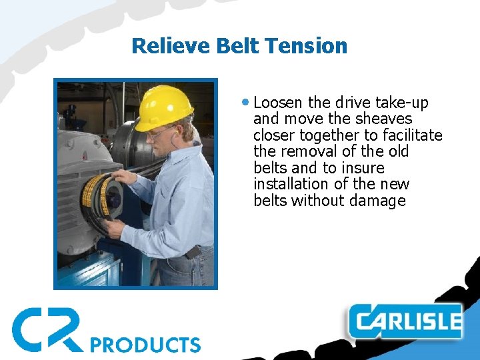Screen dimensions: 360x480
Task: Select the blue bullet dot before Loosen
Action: (247, 103)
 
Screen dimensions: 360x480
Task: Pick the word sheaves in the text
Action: (384, 119)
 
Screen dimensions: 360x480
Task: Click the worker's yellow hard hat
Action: (163, 107)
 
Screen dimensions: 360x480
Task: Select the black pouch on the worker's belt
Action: (193, 253)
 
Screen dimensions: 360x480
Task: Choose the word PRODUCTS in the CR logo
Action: (145, 344)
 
